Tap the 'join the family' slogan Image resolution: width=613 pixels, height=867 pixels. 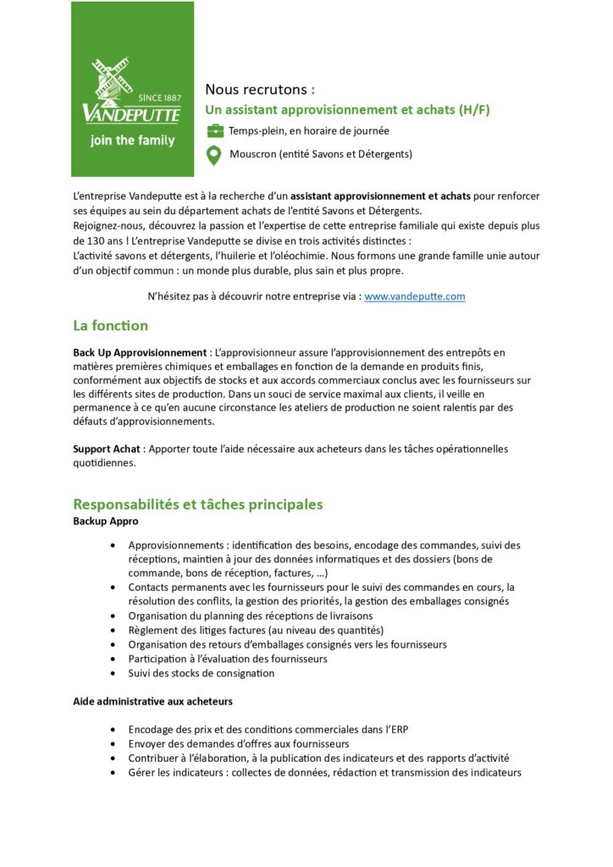click(x=132, y=141)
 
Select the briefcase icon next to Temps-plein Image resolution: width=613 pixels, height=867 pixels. click(x=215, y=131)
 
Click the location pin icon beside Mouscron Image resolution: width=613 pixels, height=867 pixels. click(x=215, y=155)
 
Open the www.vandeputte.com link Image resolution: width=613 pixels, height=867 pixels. click(x=414, y=296)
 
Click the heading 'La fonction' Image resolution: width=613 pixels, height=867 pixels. click(x=110, y=325)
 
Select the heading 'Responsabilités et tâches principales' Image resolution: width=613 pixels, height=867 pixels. click(x=197, y=504)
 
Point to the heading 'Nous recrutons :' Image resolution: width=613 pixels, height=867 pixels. click(x=260, y=89)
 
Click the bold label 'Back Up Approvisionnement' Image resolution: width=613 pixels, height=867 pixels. click(x=140, y=351)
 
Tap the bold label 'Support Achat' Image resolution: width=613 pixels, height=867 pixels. click(x=107, y=449)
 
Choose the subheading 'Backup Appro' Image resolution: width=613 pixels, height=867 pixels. click(x=105, y=521)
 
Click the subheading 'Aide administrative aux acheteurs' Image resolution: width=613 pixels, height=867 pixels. click(x=152, y=701)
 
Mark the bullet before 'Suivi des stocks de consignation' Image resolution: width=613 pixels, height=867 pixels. click(x=113, y=673)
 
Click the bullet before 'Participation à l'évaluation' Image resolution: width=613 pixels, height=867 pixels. click(x=113, y=659)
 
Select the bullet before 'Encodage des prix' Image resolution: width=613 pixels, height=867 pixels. click(x=113, y=729)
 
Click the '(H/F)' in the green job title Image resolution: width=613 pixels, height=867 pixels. click(x=473, y=110)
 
